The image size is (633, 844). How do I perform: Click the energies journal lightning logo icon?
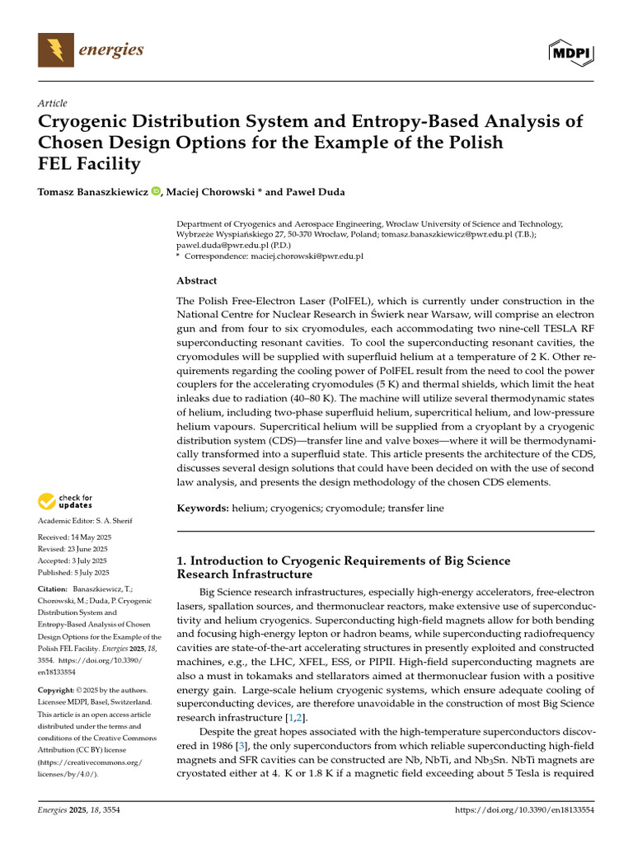click(56, 49)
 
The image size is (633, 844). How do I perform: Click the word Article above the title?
click(52, 103)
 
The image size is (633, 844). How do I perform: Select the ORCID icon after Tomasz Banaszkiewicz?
click(157, 192)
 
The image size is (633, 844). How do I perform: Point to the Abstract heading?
click(197, 280)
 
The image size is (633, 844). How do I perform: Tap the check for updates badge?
click(64, 500)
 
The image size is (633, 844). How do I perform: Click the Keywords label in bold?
click(202, 509)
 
